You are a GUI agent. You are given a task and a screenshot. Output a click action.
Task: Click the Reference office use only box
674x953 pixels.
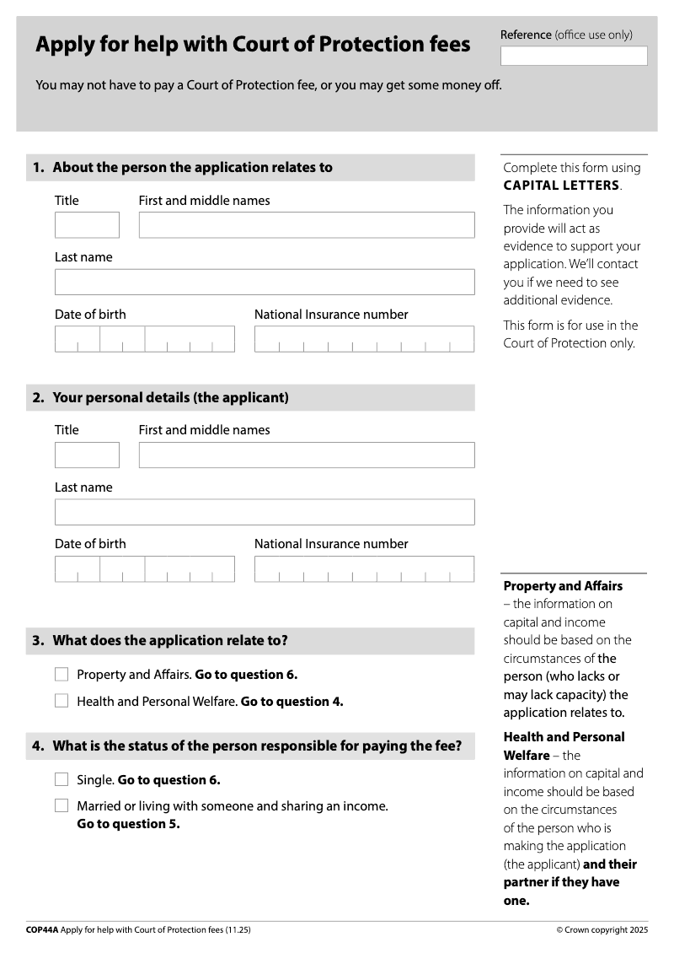[x=574, y=56]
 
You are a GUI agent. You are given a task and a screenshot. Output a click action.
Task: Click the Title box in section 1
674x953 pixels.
[x=87, y=225]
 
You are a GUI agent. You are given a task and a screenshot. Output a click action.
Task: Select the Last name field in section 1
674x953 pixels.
[x=265, y=282]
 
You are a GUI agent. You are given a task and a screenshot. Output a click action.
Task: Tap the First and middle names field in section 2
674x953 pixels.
[x=307, y=455]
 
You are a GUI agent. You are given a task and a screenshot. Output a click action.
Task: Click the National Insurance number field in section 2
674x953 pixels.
[x=364, y=568]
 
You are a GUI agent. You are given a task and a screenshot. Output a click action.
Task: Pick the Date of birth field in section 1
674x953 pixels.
[x=145, y=339]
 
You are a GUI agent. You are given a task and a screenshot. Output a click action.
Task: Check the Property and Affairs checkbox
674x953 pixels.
[x=62, y=675]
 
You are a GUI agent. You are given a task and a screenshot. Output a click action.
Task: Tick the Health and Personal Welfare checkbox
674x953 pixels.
[x=62, y=701]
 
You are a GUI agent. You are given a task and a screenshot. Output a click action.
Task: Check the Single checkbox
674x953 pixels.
[x=62, y=780]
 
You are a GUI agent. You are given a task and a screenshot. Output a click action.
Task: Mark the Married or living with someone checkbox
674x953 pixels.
[x=62, y=806]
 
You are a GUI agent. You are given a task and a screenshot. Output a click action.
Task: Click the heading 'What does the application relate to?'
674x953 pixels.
[x=170, y=641]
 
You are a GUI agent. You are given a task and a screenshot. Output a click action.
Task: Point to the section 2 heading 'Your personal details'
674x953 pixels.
[x=170, y=397]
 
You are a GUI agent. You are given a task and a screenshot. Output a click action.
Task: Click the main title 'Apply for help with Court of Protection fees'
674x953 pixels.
[x=253, y=45]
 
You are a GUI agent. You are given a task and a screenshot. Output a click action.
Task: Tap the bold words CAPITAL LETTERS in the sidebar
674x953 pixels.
[x=561, y=186]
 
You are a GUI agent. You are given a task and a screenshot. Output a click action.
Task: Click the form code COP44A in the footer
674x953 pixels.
[x=42, y=929]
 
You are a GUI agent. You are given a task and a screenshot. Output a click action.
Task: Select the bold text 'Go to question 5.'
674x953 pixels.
[x=128, y=824]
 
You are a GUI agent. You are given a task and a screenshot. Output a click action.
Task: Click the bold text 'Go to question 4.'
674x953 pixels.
[x=292, y=702]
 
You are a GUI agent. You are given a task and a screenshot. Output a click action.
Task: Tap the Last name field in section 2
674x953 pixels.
[x=265, y=512]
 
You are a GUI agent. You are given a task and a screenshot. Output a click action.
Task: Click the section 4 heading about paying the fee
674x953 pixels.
[x=257, y=746]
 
